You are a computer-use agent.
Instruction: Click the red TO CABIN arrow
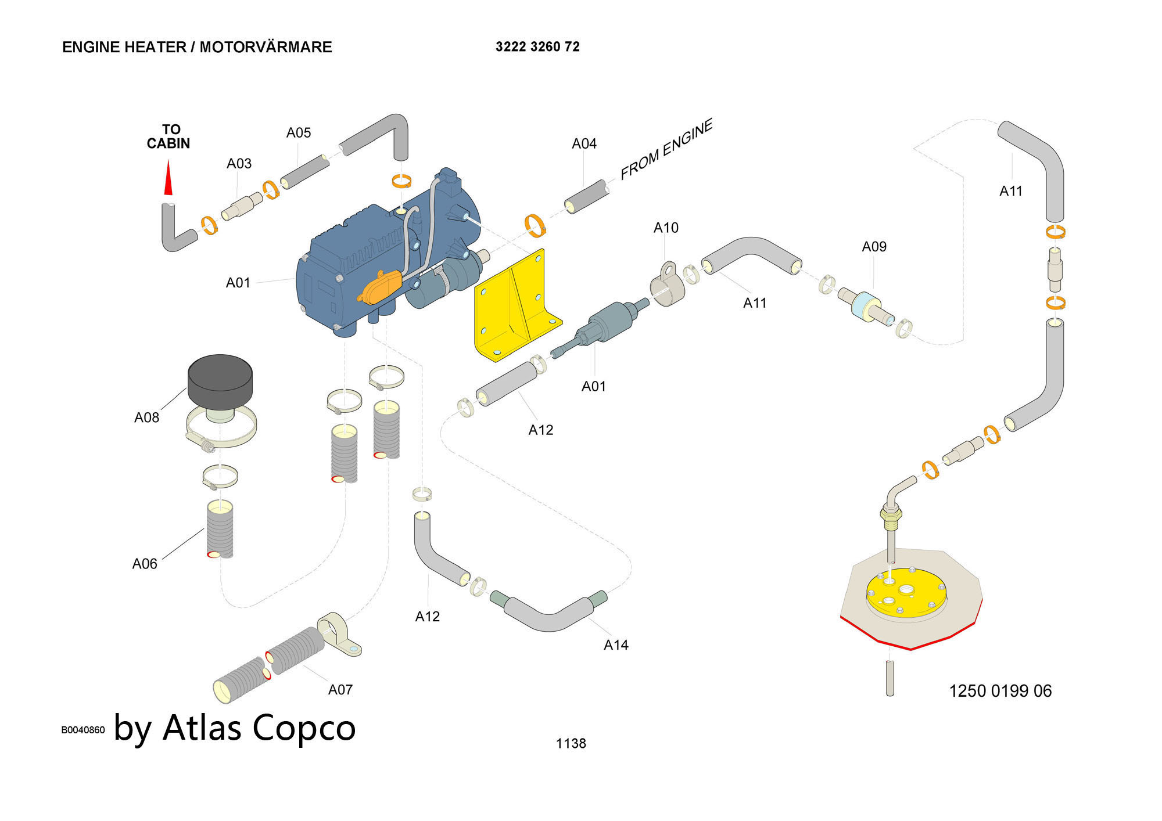(x=168, y=178)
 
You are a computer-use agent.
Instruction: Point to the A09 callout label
(x=874, y=247)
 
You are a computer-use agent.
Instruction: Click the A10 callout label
(x=666, y=228)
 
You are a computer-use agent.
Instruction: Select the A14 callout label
(x=616, y=645)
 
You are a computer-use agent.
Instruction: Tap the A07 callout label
(x=340, y=690)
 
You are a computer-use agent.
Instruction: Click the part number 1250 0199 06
(x=1000, y=691)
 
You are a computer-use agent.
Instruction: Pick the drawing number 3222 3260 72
(x=537, y=47)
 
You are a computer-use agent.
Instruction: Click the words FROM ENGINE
(x=666, y=149)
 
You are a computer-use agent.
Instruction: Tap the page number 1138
(x=571, y=743)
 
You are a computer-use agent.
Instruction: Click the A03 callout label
(x=239, y=164)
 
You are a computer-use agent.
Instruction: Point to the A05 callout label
(x=299, y=133)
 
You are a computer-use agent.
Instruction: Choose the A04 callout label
(x=584, y=144)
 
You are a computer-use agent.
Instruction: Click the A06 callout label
(x=145, y=564)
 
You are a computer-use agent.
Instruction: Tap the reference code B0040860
(x=83, y=730)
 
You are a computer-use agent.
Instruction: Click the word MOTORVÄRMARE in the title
(x=266, y=47)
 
